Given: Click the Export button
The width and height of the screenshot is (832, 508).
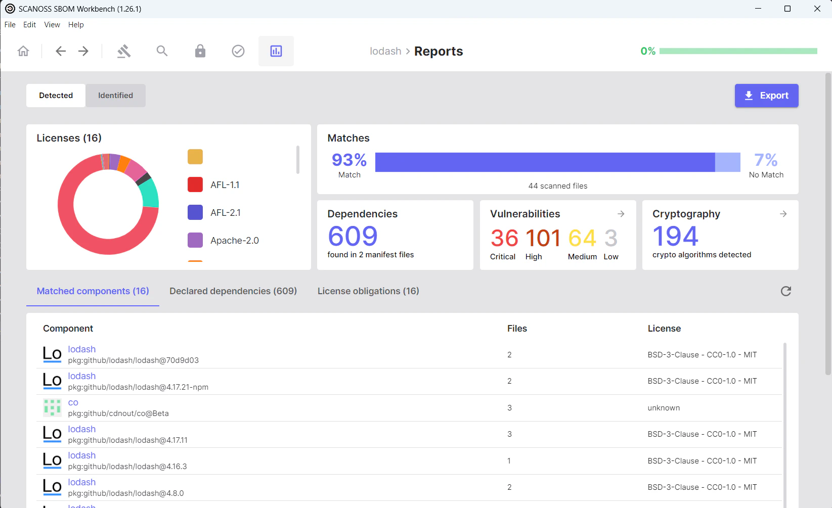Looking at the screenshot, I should (766, 96).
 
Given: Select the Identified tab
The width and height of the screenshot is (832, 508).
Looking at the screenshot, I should (115, 96).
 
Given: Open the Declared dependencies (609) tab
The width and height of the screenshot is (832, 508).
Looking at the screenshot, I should (233, 291).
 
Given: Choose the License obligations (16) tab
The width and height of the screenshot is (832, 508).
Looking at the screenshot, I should (368, 291).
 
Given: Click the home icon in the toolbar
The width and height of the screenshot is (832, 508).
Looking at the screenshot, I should (23, 51).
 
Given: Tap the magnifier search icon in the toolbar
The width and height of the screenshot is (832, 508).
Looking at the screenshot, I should (162, 51).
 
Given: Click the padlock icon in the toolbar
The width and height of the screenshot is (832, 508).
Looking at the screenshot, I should (200, 51).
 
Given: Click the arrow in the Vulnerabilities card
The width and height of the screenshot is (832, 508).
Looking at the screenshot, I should (621, 214).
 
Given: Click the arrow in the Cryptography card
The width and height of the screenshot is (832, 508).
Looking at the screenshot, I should (783, 214).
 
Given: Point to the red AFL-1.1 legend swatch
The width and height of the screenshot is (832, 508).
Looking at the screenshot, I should (195, 185).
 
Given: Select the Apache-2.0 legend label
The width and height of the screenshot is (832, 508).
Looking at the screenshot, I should (235, 241).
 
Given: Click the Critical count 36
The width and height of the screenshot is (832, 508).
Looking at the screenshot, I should (504, 239).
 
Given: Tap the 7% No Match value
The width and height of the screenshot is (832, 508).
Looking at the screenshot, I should (766, 160).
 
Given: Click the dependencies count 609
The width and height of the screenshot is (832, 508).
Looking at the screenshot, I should (353, 236).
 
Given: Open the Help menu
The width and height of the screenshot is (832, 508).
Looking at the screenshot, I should (76, 25).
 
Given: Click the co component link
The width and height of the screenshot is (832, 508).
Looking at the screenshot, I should (73, 402).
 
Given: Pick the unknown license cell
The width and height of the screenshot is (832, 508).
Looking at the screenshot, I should (664, 408).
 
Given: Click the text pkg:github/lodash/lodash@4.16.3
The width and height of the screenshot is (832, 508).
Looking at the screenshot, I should (127, 467).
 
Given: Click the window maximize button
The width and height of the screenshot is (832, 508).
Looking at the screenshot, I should (787, 9).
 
